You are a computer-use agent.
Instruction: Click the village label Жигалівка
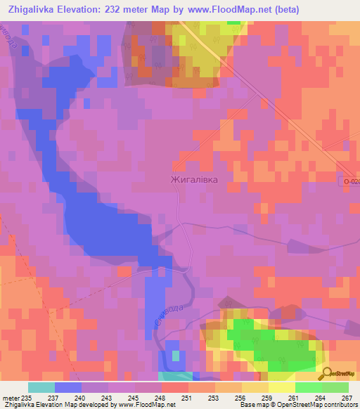[194, 179]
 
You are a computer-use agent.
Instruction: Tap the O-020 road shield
[351, 181]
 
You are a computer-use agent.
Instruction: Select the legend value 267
[346, 397]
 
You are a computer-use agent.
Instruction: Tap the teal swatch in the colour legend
[41, 387]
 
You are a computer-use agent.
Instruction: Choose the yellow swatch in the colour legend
[281, 387]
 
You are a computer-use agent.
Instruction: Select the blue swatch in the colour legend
[67, 387]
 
